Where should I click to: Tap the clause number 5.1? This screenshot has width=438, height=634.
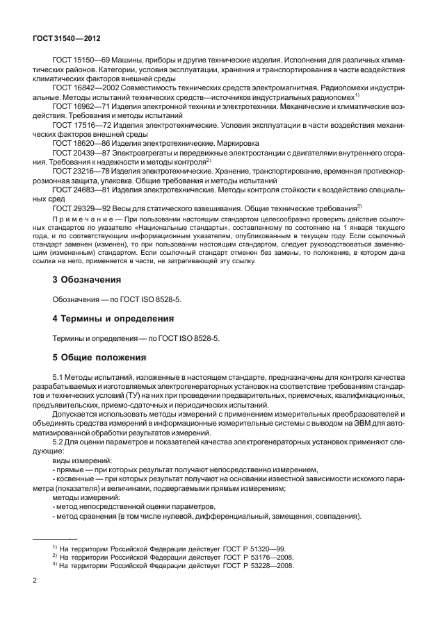tap(59, 377)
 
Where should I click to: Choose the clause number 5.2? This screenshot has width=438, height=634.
tap(59, 434)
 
